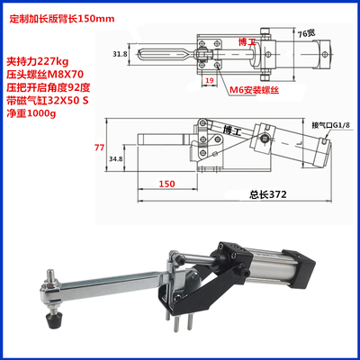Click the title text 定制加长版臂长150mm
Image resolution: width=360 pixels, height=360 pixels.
click(x=67, y=15)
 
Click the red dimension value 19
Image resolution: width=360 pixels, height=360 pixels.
click(x=209, y=80)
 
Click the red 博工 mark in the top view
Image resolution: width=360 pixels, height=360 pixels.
click(x=243, y=41)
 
